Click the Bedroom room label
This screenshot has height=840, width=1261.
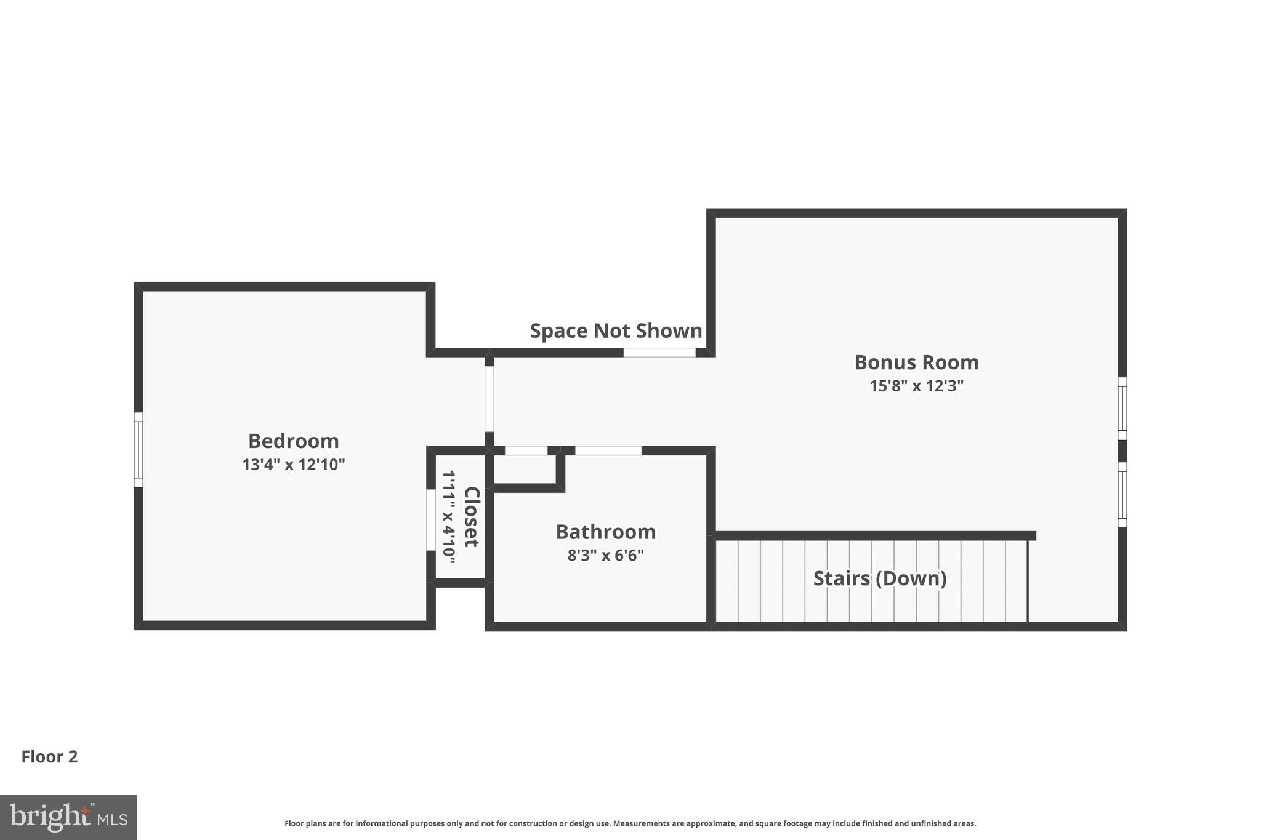pyautogui.click(x=293, y=441)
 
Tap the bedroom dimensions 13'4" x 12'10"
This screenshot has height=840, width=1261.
pyautogui.click(x=293, y=465)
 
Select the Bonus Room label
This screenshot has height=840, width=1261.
pyautogui.click(x=916, y=362)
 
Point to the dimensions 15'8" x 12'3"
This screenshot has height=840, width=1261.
pyautogui.click(x=916, y=386)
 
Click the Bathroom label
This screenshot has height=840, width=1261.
pyautogui.click(x=605, y=532)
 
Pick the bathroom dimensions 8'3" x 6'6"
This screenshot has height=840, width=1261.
pyautogui.click(x=605, y=556)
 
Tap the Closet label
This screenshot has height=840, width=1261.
pyautogui.click(x=471, y=517)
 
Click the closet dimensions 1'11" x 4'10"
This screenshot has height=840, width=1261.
pyautogui.click(x=449, y=517)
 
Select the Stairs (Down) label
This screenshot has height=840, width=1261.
pyautogui.click(x=879, y=578)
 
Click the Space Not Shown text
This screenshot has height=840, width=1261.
pyautogui.click(x=616, y=331)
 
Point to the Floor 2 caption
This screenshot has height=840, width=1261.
pyautogui.click(x=49, y=757)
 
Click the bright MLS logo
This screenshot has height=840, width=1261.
pyautogui.click(x=68, y=817)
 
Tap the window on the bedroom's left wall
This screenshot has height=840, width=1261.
pyautogui.click(x=139, y=450)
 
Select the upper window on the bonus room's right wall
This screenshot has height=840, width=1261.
pyautogui.click(x=1122, y=409)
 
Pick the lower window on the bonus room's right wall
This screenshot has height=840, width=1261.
pyautogui.click(x=1122, y=495)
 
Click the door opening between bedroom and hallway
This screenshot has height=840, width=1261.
pyautogui.click(x=489, y=399)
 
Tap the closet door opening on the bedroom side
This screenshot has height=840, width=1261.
pyautogui.click(x=431, y=520)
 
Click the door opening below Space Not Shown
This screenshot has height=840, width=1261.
pyautogui.click(x=659, y=353)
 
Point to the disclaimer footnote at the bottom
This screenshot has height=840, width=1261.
pyautogui.click(x=630, y=823)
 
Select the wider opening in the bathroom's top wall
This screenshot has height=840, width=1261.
pyautogui.click(x=608, y=450)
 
